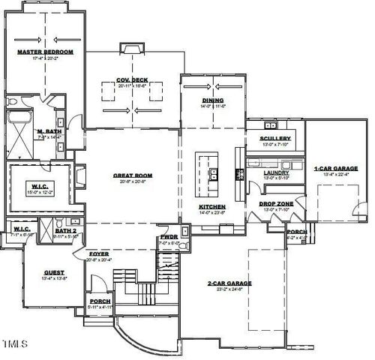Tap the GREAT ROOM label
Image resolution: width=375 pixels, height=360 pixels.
click(x=133, y=175)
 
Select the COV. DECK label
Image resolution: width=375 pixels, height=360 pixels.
click(x=133, y=79)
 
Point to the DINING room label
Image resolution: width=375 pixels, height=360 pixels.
click(x=213, y=100)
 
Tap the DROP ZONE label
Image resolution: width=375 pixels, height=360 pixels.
click(x=275, y=203)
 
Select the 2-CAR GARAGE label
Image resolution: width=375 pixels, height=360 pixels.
click(x=229, y=283)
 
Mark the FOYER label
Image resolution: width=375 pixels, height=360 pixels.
click(x=99, y=253)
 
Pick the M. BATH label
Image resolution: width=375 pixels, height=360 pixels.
click(x=48, y=132)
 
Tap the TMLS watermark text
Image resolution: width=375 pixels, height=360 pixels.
click(x=16, y=344)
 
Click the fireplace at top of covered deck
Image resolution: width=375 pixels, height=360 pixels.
click(x=133, y=49)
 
